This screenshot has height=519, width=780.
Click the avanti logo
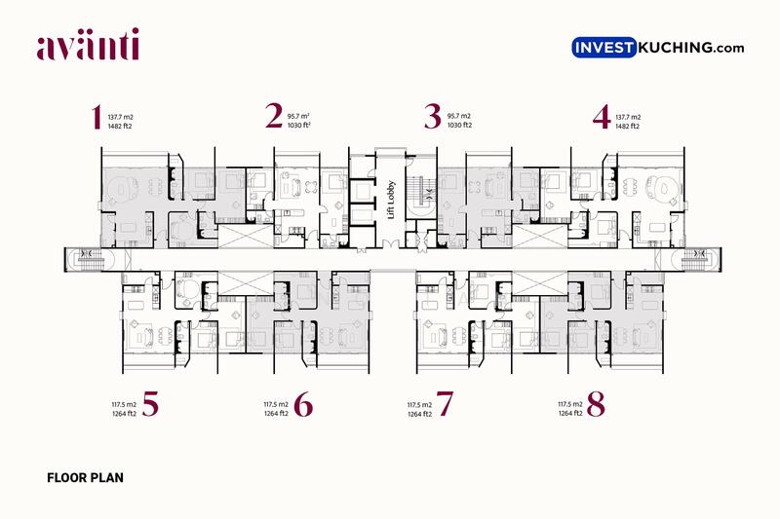(x=88, y=45)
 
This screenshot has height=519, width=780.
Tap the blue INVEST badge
(x=604, y=48)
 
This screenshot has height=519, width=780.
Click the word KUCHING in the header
(x=675, y=48)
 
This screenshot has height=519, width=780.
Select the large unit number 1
(x=97, y=117)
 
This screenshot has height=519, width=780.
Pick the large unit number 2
(x=274, y=116)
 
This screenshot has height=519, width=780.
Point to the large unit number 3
(x=433, y=116)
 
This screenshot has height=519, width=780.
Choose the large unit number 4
(x=602, y=117)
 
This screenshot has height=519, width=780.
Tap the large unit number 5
(x=150, y=403)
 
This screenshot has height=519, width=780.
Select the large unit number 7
(x=445, y=403)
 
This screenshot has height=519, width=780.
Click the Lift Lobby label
(x=391, y=200)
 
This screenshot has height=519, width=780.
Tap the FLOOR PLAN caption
(x=85, y=478)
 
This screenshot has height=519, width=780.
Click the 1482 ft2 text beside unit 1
(x=120, y=127)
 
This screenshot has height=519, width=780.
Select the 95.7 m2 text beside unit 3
(x=458, y=116)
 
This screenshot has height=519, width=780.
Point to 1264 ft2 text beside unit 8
(x=570, y=413)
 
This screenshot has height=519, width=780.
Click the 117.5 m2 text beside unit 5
(x=124, y=404)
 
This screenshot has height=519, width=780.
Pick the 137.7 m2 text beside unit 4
(x=628, y=117)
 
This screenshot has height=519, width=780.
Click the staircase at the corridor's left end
(x=90, y=259)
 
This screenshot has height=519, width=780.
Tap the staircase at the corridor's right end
(x=696, y=259)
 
